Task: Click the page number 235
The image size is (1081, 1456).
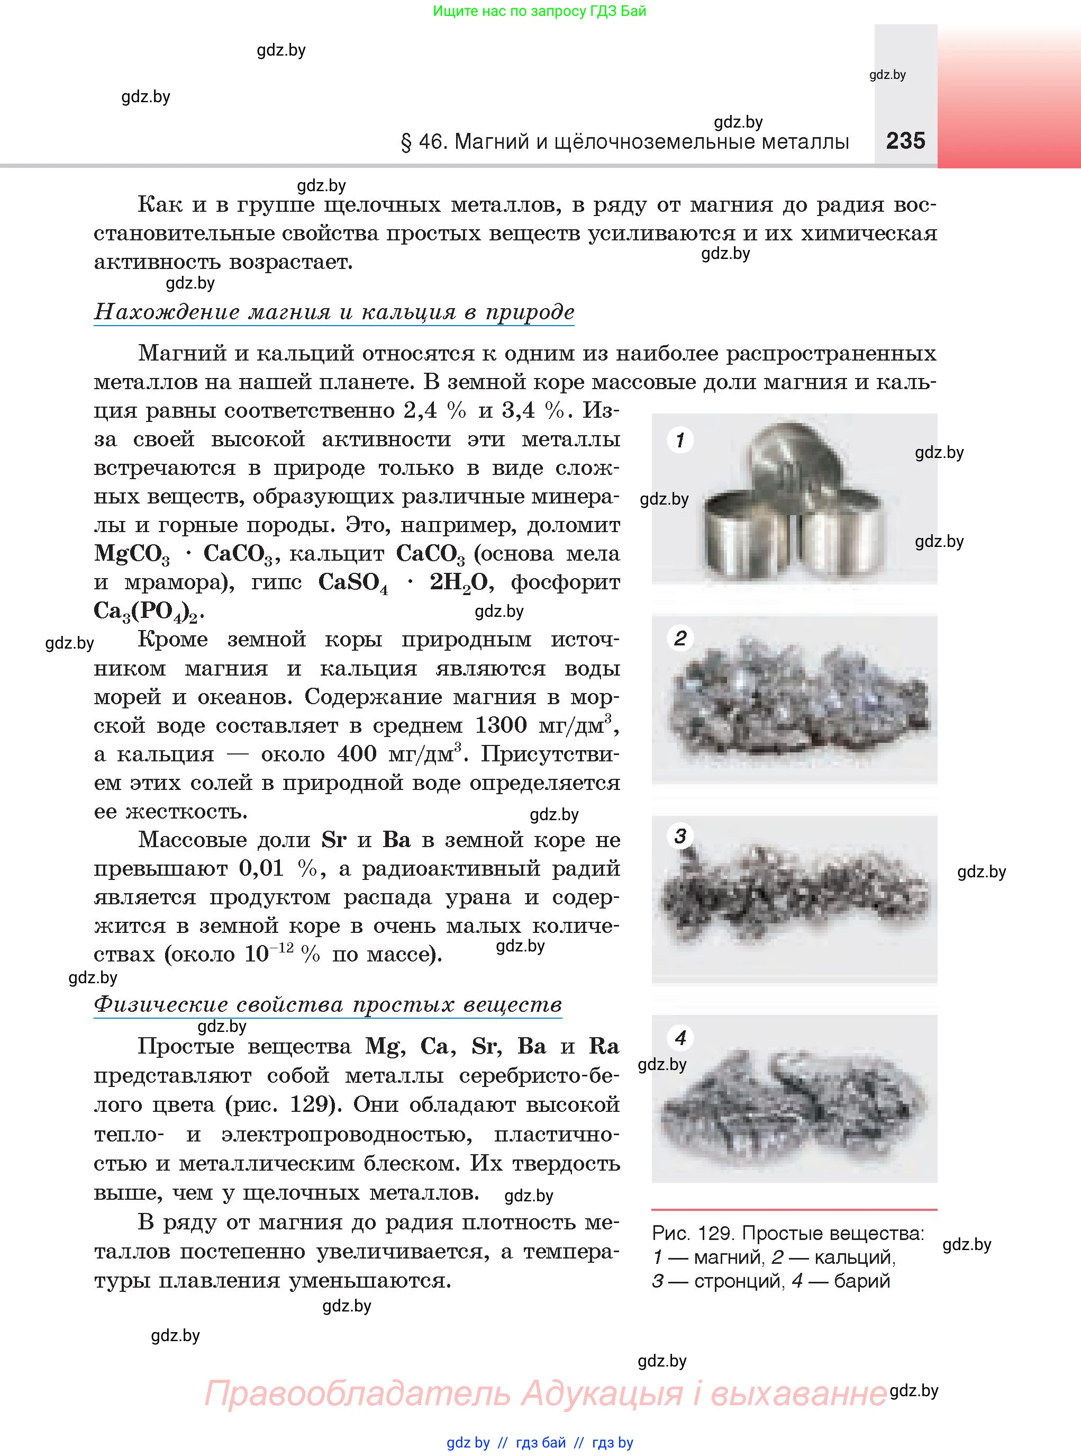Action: pos(906,141)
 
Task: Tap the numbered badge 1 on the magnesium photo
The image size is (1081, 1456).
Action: pos(680,439)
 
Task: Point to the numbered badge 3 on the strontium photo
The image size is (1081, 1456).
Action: pos(680,836)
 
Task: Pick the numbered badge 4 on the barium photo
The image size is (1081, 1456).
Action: pos(680,1038)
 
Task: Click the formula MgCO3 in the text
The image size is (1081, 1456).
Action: pos(132,554)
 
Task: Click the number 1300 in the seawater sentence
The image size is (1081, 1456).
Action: pos(501,725)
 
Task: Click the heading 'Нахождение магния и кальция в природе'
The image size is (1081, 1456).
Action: pos(334,312)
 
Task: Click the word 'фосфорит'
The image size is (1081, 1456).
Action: pos(565,582)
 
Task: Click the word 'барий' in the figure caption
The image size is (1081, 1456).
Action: pos(862,1281)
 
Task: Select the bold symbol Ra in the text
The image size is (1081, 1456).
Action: pos(603,1046)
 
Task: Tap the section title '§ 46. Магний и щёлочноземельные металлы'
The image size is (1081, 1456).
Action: pos(624,141)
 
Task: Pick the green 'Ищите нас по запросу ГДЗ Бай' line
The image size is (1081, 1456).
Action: pos(539,11)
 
